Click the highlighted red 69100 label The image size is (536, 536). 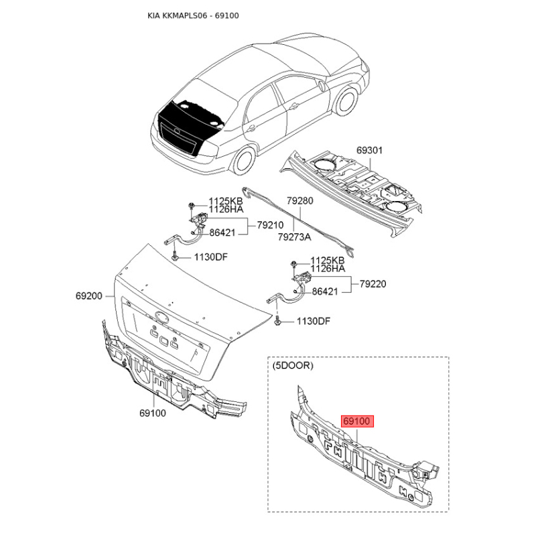pyautogui.click(x=357, y=421)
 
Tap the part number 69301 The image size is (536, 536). pyautogui.click(x=370, y=150)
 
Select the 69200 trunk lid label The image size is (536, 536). pyautogui.click(x=89, y=295)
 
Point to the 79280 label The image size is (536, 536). pyautogui.click(x=299, y=200)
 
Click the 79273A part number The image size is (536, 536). pyautogui.click(x=294, y=237)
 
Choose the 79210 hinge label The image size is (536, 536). pyautogui.click(x=271, y=225)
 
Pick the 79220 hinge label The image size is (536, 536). pyautogui.click(x=373, y=283)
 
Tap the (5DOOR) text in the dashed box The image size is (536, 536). pyautogui.click(x=293, y=365)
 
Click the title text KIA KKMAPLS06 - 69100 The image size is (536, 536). pyautogui.click(x=193, y=15)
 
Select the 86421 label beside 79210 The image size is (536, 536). pyautogui.click(x=222, y=232)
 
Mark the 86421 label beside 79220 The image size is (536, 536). pyautogui.click(x=325, y=291)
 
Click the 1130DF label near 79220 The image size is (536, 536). pyautogui.click(x=314, y=322)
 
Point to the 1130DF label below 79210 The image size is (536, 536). pyautogui.click(x=211, y=257)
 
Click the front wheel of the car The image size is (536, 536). pyautogui.click(x=346, y=101)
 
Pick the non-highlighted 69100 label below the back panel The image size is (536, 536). pyautogui.click(x=153, y=413)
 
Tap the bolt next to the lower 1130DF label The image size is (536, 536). pyautogui.click(x=277, y=322)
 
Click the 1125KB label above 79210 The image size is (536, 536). pyautogui.click(x=226, y=201)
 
